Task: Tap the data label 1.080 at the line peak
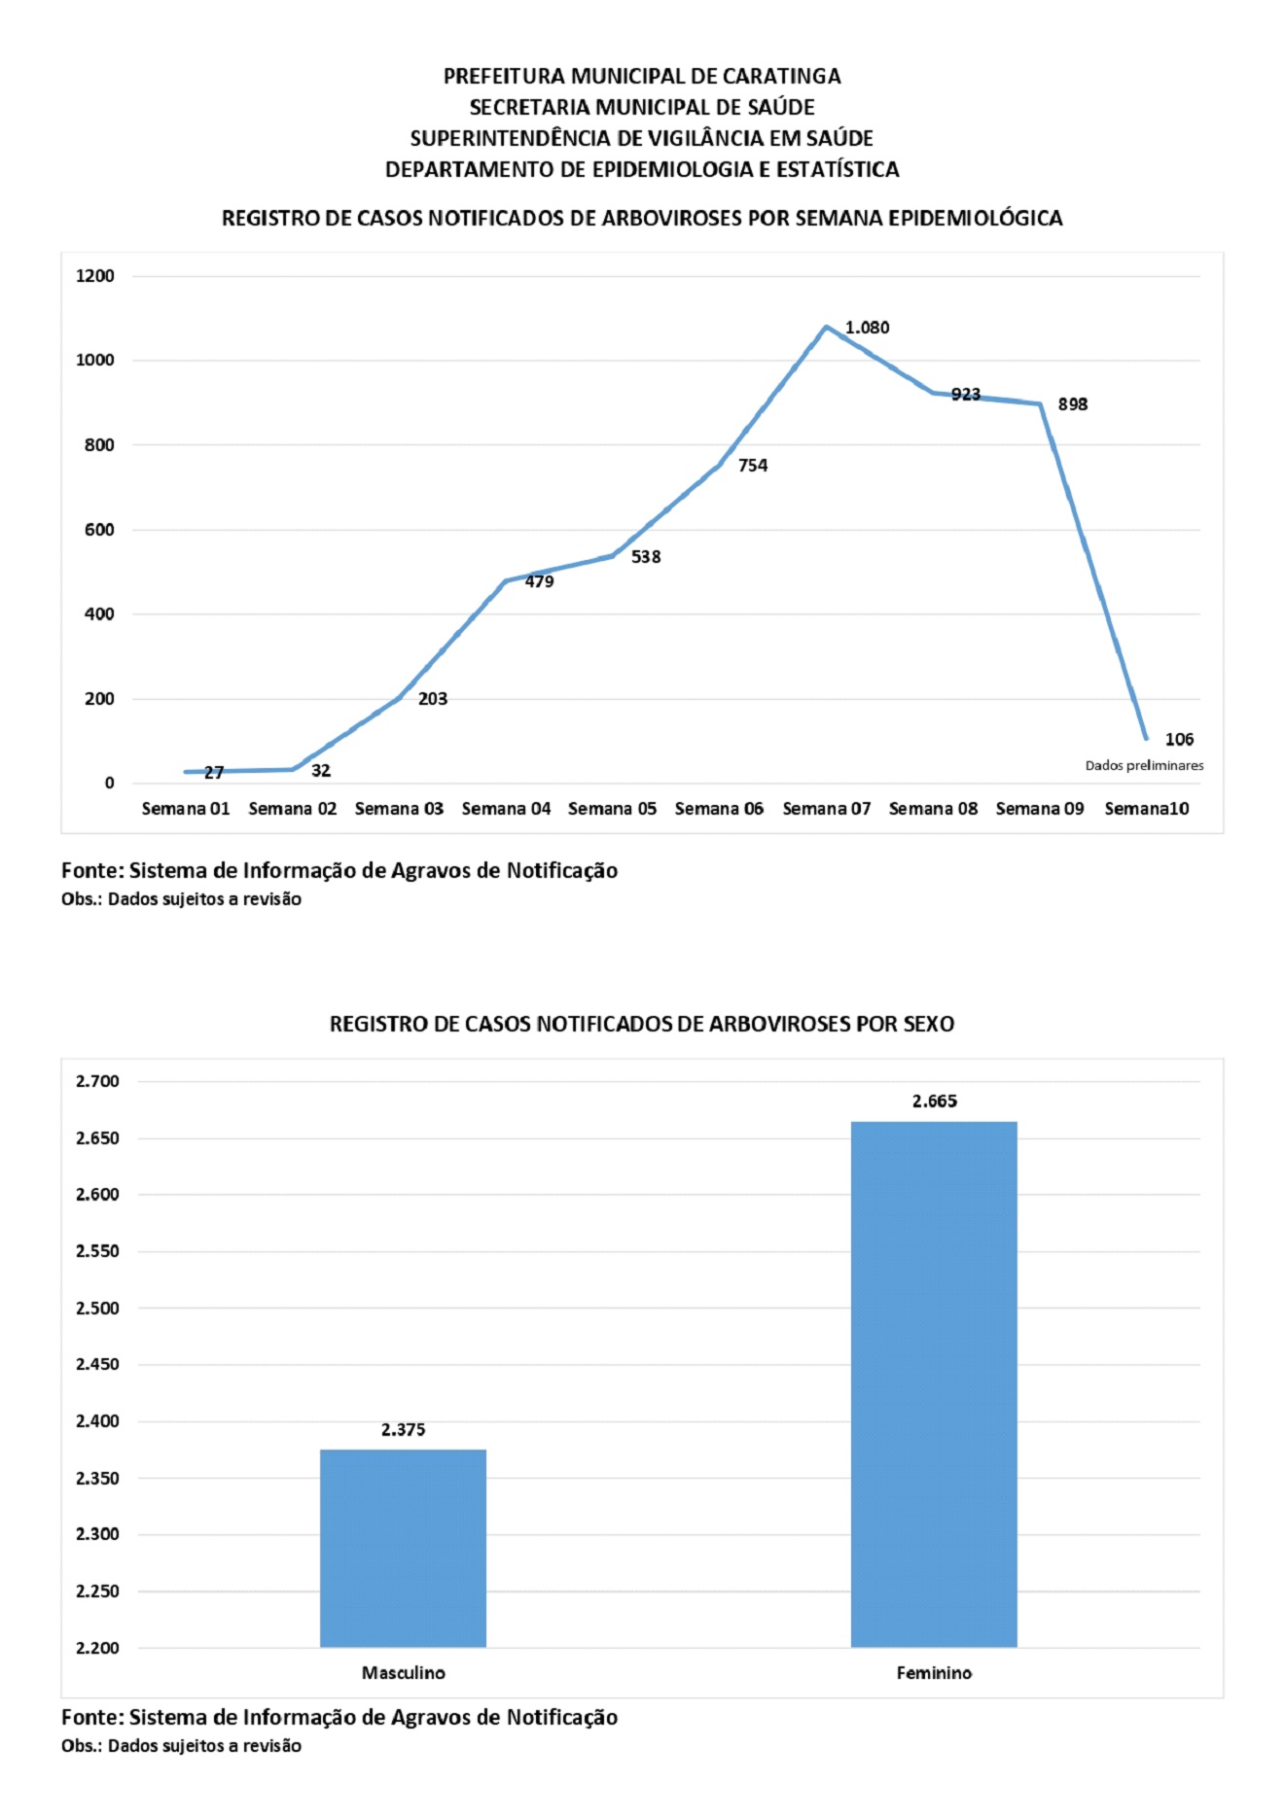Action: point(867,328)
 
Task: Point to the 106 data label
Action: point(1179,739)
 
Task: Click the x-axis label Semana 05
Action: point(612,809)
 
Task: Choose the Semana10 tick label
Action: point(1146,809)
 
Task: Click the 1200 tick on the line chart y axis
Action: point(95,276)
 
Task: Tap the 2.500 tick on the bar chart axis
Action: point(97,1308)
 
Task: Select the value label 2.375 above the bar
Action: point(403,1429)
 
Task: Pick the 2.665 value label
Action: point(934,1101)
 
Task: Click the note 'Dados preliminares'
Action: point(1144,765)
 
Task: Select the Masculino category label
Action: point(403,1672)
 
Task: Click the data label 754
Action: point(753,466)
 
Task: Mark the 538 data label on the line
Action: point(646,557)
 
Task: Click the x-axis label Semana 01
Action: point(186,809)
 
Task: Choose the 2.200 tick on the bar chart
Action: point(97,1648)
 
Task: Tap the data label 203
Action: point(433,699)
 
